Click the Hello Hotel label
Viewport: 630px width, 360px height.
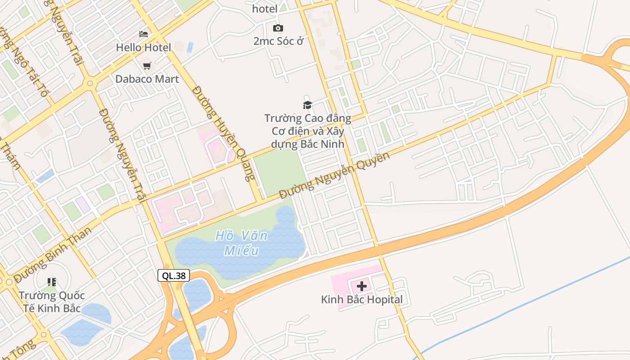pyautogui.click(x=144, y=47)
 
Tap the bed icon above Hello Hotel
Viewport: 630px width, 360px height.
pyautogui.click(x=144, y=34)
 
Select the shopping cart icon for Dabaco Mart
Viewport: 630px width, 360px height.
pyautogui.click(x=147, y=66)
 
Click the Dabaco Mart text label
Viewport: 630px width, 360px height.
pyautogui.click(x=147, y=79)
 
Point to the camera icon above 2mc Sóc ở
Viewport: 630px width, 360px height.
pyautogui.click(x=278, y=28)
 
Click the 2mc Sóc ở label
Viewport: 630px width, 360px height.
pyautogui.click(x=278, y=41)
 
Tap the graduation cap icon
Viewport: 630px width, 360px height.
pyautogui.click(x=307, y=105)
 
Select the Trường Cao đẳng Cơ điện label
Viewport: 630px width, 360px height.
pyautogui.click(x=308, y=131)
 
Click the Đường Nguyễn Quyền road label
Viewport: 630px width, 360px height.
pyautogui.click(x=334, y=176)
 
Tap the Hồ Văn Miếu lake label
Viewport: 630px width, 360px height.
pyautogui.click(x=242, y=243)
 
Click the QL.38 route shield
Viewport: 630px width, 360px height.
pyautogui.click(x=174, y=276)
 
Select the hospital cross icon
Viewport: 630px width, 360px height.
pyautogui.click(x=362, y=286)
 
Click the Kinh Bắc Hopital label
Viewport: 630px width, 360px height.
pyautogui.click(x=362, y=299)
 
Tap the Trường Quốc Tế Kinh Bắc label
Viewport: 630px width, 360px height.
pyautogui.click(x=51, y=302)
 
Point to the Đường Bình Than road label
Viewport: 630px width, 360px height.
pyautogui.click(x=53, y=255)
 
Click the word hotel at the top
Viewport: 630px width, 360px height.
pyautogui.click(x=265, y=9)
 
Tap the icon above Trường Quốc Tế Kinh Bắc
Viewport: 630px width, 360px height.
pyautogui.click(x=51, y=282)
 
